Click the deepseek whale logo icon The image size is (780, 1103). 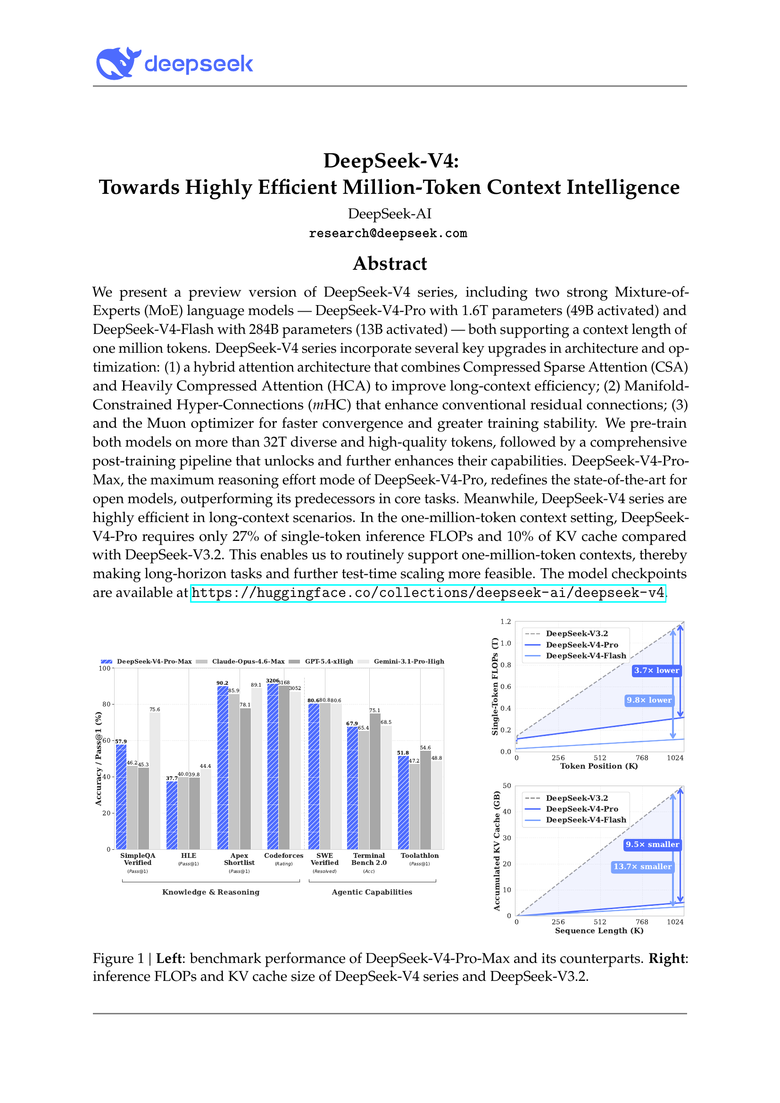pos(118,63)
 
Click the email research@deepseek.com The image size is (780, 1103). pos(388,233)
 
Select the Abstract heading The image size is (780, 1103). pos(390,263)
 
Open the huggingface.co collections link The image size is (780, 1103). pos(427,593)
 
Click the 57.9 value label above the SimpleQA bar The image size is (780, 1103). pos(121,741)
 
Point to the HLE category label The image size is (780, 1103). pos(188,855)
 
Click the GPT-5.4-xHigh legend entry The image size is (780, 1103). pos(329,662)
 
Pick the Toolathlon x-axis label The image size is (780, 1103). pos(419,855)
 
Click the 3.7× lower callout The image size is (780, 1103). pos(656,670)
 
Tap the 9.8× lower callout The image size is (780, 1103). pos(649,700)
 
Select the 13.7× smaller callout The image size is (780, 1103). pos(642,867)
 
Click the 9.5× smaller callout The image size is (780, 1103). pos(652,845)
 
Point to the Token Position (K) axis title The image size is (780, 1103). pos(599,766)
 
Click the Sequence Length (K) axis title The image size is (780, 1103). pos(599,930)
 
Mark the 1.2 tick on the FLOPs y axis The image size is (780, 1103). pos(505,622)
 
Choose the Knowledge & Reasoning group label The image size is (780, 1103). pos(210,892)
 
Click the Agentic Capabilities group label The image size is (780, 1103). pos(372,892)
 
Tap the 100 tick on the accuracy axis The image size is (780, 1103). pos(105,668)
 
